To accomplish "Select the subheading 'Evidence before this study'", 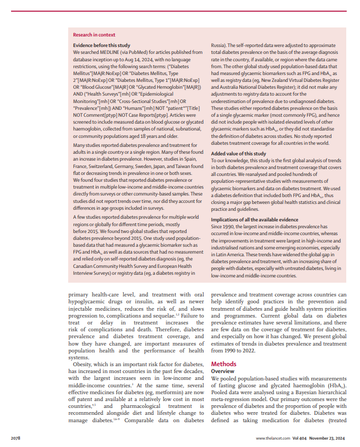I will tap(101, 46).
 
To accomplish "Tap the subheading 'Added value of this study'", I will tap(238, 154).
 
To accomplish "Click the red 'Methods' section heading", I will tap(224, 364).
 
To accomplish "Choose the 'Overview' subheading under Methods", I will tap(223, 371).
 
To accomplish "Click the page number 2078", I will tap(17, 439).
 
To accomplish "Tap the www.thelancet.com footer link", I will tap(273, 439).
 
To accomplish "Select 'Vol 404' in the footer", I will tap(300, 439).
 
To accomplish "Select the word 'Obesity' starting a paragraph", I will tap(82, 365).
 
